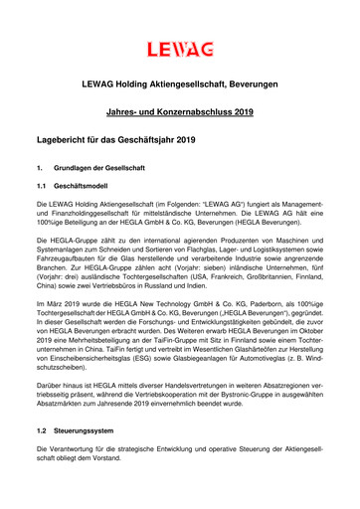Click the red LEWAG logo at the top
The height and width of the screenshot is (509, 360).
pos(179,48)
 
